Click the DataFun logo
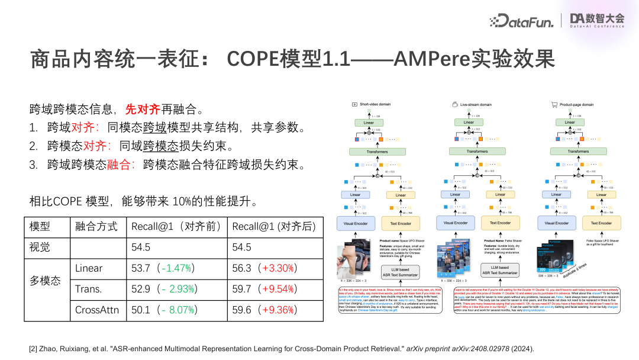point(521,21)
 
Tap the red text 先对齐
point(143,110)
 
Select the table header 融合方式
point(97,227)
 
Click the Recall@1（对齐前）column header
point(176,227)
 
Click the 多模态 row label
point(46,280)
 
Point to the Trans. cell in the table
point(89,289)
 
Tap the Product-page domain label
point(576,104)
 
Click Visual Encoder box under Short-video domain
point(356,223)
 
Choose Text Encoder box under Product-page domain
point(601,223)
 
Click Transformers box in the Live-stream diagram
point(477,152)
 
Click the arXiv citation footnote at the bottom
point(281,349)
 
